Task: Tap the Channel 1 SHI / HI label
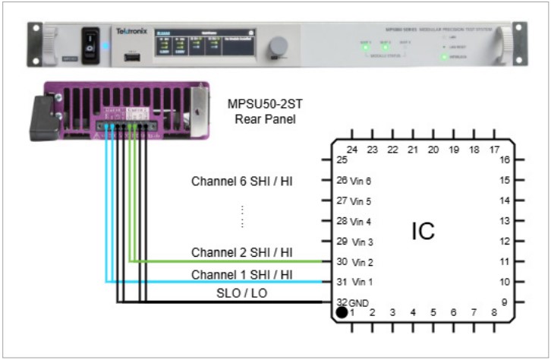tap(242, 274)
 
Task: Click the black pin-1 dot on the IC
tap(342, 312)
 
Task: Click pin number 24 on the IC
tap(351, 150)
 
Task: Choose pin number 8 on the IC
tap(494, 312)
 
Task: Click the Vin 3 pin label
tap(361, 242)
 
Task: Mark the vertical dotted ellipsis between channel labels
tap(242, 216)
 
